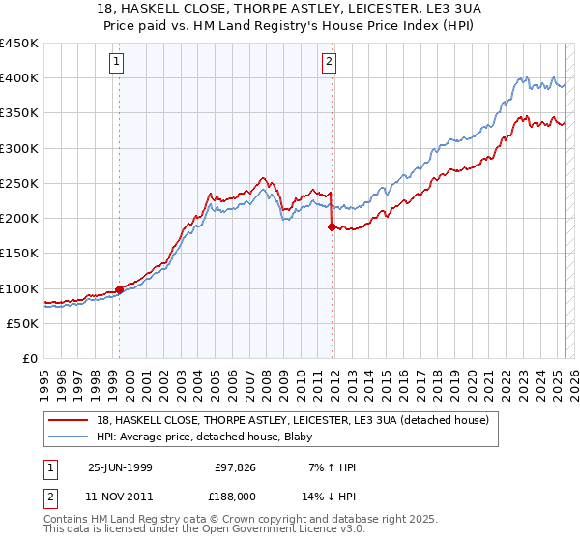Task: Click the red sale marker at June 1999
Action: tap(120, 289)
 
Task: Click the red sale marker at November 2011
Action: tap(332, 227)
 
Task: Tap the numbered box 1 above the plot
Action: tap(117, 63)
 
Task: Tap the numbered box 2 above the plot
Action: tap(329, 63)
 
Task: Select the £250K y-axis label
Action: tap(19, 183)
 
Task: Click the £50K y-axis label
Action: tap(23, 323)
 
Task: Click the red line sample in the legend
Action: tap(69, 419)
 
